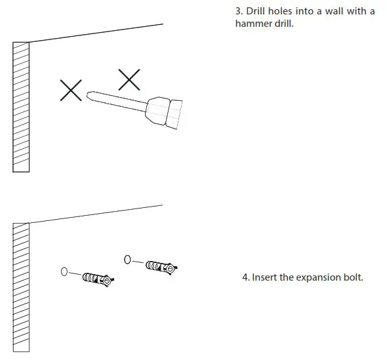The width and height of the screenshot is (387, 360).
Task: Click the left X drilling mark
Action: (71, 90)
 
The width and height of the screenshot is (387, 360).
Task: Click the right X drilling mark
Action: (129, 79)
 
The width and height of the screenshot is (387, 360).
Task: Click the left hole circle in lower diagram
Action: (64, 271)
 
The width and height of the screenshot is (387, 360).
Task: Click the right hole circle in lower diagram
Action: (127, 259)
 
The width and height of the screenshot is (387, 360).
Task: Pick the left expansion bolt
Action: (97, 279)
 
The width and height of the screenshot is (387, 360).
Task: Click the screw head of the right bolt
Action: (171, 269)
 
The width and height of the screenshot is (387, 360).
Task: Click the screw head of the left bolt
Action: (108, 281)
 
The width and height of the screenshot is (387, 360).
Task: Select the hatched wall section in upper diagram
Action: (21, 106)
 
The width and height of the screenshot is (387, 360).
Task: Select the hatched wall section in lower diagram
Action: (21, 287)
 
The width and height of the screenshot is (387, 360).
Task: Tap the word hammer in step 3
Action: (253, 24)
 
